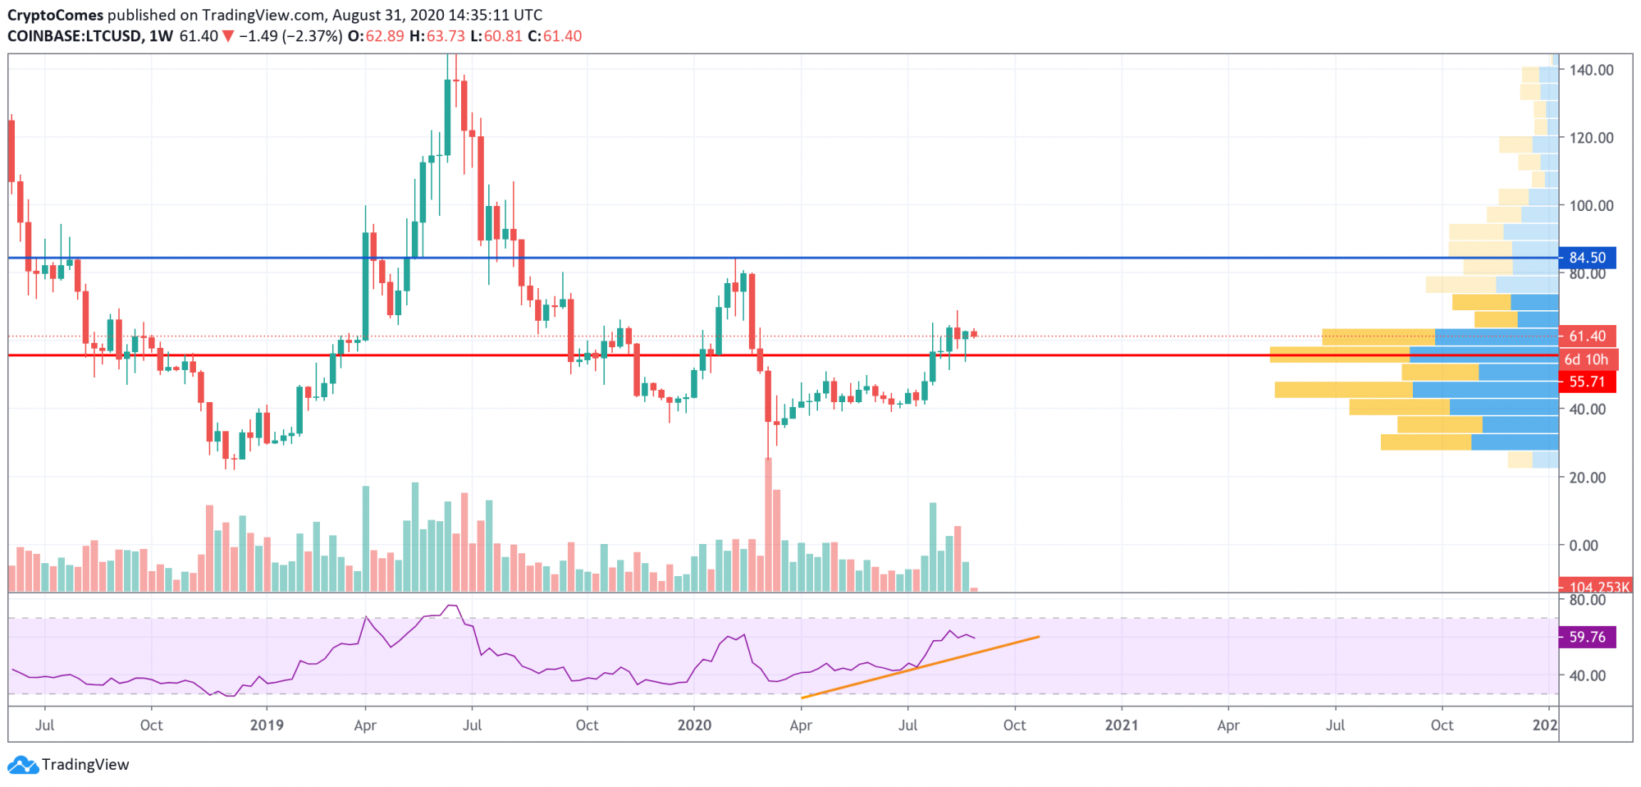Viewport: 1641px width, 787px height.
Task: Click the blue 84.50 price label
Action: click(x=1587, y=258)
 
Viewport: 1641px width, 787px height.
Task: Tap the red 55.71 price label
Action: click(x=1587, y=382)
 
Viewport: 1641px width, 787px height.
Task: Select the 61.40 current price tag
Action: click(x=1587, y=336)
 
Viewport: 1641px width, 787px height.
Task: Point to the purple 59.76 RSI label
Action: click(x=1587, y=637)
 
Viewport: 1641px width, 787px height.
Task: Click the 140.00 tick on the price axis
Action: click(x=1591, y=71)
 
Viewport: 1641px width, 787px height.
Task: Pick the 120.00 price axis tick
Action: click(x=1591, y=138)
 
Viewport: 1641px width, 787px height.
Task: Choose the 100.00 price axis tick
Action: click(x=1591, y=206)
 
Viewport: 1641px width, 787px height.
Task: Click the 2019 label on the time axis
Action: click(x=267, y=725)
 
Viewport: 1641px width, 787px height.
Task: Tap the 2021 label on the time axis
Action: click(x=1122, y=725)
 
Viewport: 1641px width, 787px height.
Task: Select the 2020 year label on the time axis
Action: click(x=694, y=725)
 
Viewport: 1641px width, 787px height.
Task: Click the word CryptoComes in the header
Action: click(x=56, y=15)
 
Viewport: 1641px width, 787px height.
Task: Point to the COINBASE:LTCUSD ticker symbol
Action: click(x=75, y=36)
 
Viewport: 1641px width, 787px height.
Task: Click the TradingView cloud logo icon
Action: click(x=22, y=765)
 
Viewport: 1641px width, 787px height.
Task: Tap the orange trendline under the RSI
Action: click(x=919, y=666)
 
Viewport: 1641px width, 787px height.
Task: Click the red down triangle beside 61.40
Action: click(x=228, y=36)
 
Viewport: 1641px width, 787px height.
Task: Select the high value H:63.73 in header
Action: click(x=437, y=36)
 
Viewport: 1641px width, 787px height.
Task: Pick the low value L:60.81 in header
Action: click(x=496, y=36)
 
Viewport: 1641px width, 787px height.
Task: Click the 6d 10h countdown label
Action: click(x=1587, y=359)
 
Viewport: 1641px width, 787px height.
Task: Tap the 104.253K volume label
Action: click(x=1595, y=587)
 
